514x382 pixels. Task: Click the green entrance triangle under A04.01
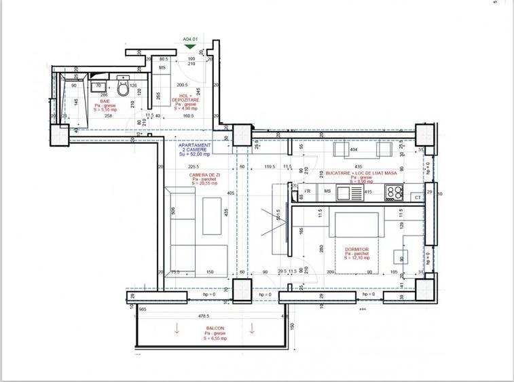pos(190,47)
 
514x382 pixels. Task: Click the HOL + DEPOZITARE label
pos(185,101)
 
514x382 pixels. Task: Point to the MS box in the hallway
pos(163,69)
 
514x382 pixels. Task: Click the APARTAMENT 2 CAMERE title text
pos(194,149)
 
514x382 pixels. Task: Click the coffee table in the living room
pos(213,216)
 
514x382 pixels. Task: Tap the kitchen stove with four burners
pos(394,193)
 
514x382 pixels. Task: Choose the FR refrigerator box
pos(308,192)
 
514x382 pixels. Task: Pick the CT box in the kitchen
pos(418,197)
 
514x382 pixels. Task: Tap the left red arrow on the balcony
pos(177,330)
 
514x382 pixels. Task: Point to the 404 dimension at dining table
pos(353,148)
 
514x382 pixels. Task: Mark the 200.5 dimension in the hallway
pos(182,85)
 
